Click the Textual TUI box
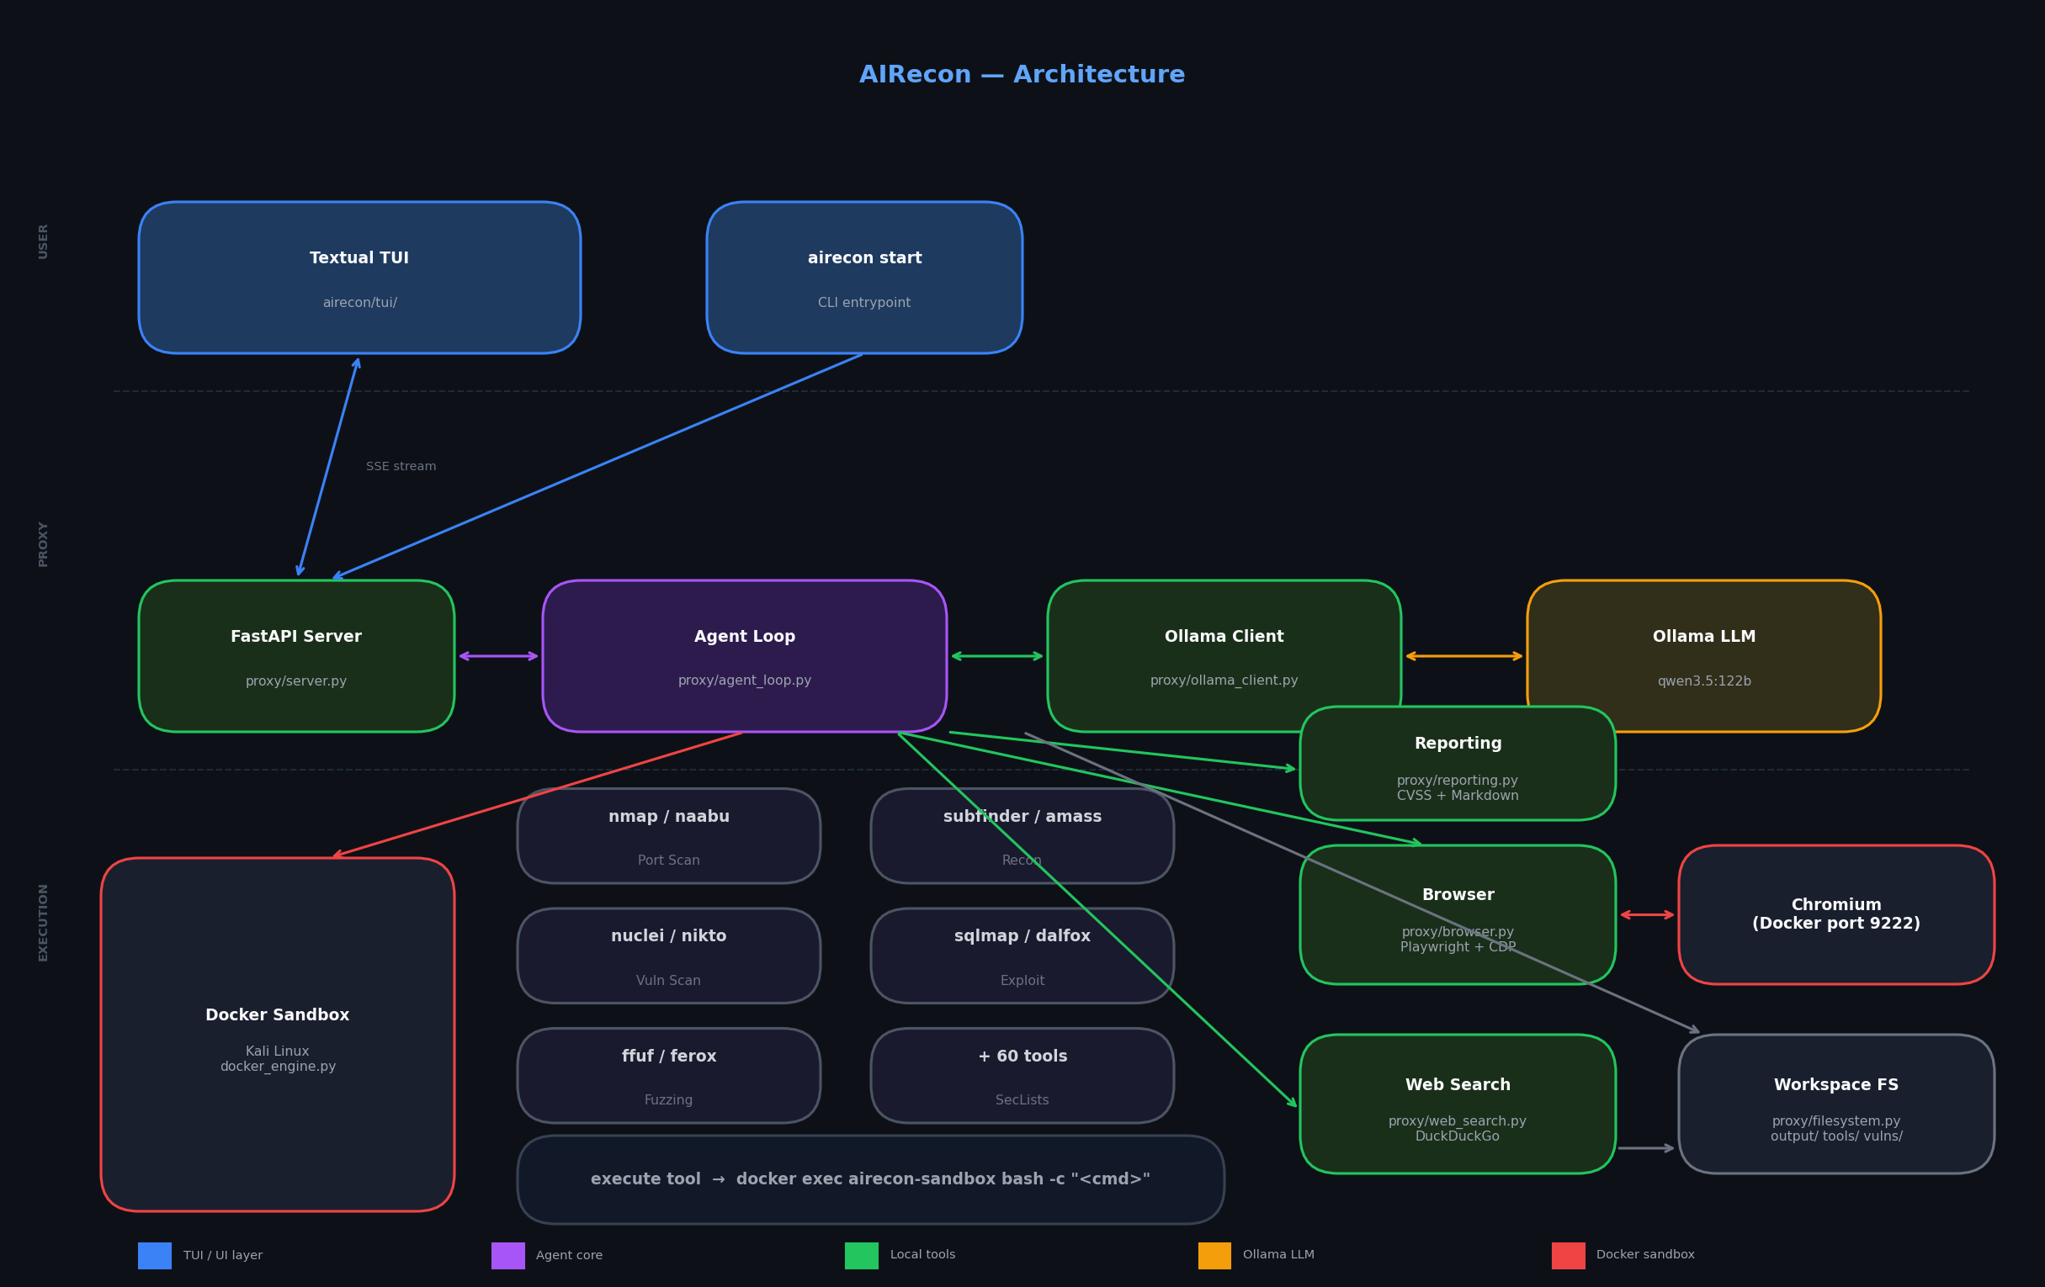coord(359,278)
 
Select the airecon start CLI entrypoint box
coord(864,278)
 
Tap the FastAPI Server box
coord(296,656)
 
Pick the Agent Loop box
coord(745,656)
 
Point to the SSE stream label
coord(401,467)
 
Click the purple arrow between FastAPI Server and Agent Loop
coord(498,656)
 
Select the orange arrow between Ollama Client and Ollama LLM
coord(1464,656)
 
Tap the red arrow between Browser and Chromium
coord(1647,915)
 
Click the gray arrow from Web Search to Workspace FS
coord(1647,1148)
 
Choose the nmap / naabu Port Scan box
coord(669,836)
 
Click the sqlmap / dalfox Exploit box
coord(1022,956)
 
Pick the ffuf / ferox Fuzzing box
coord(669,1076)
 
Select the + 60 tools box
coord(1022,1076)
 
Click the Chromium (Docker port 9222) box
coord(1837,915)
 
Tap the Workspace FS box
coord(1837,1104)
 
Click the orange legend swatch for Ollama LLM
coord(1214,1256)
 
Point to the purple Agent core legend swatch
coord(507,1256)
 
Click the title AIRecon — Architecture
coord(1022,75)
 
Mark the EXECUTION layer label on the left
coord(43,922)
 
